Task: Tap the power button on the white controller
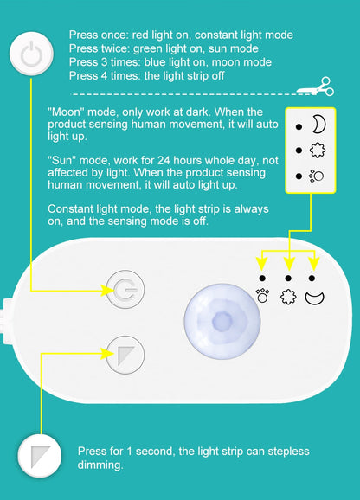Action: [125, 290]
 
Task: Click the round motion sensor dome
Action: [222, 321]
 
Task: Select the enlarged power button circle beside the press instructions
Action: [31, 54]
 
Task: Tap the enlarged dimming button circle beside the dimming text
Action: [40, 456]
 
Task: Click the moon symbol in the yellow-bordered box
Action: [318, 124]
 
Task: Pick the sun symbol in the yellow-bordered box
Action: [318, 151]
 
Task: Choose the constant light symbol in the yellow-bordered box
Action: [317, 176]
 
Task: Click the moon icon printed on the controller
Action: [314, 298]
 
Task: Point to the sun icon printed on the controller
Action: [288, 297]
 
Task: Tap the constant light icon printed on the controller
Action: [262, 296]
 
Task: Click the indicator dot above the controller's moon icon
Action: [312, 279]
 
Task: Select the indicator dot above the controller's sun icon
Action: [288, 279]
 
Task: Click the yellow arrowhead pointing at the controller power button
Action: [107, 290]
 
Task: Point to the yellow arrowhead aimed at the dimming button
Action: [107, 353]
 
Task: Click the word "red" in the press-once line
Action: [140, 35]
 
